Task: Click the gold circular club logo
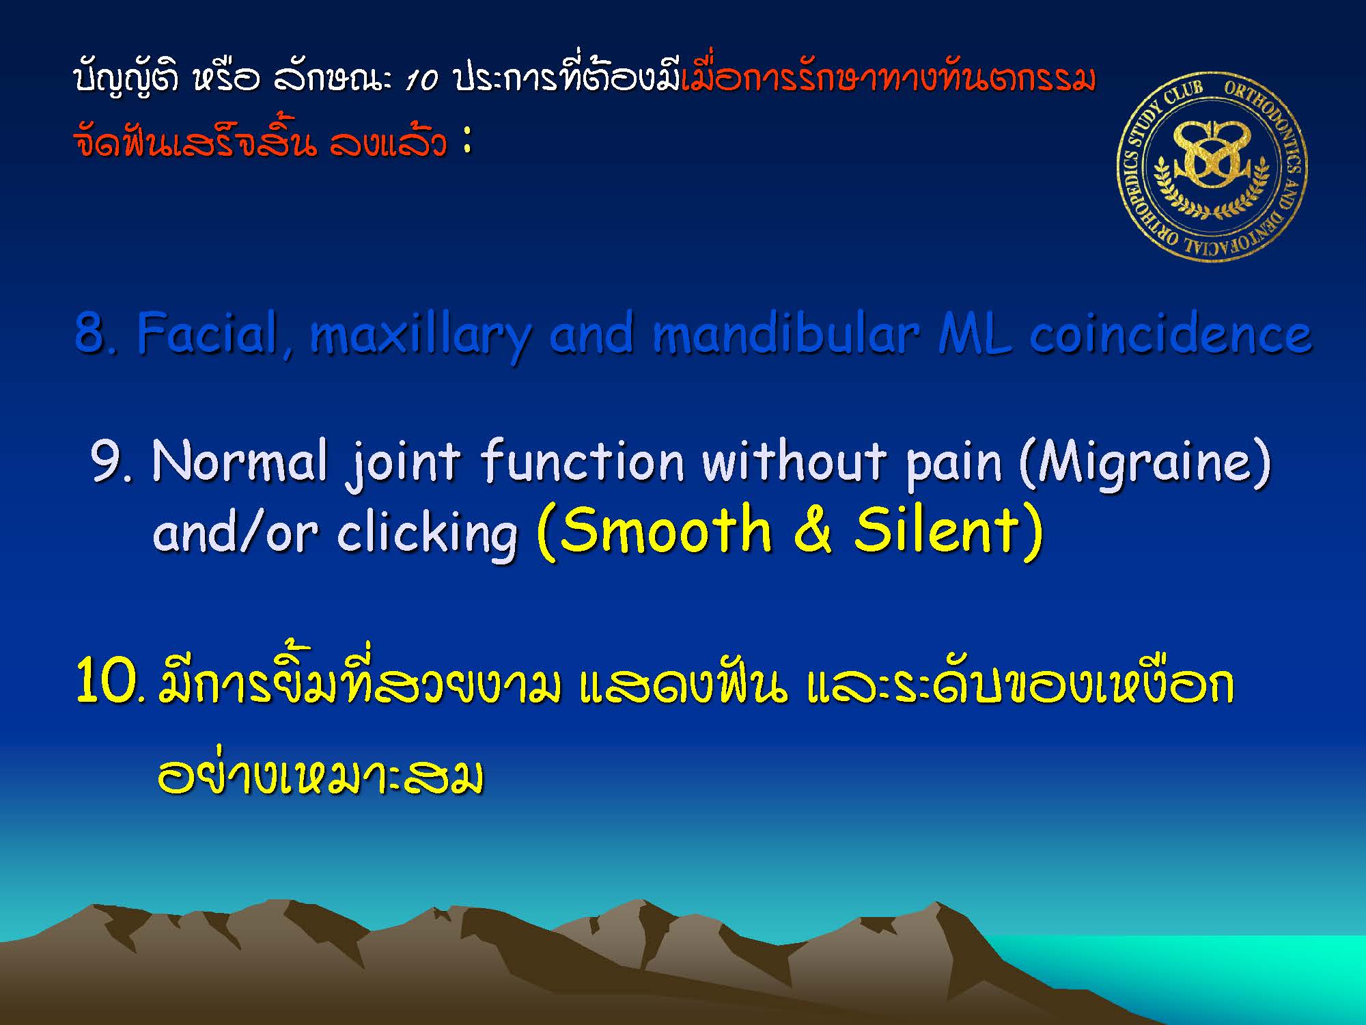pos(1212,166)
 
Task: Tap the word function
pos(583,461)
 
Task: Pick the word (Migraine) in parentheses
pos(1145,465)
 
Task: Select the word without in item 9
pos(795,461)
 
